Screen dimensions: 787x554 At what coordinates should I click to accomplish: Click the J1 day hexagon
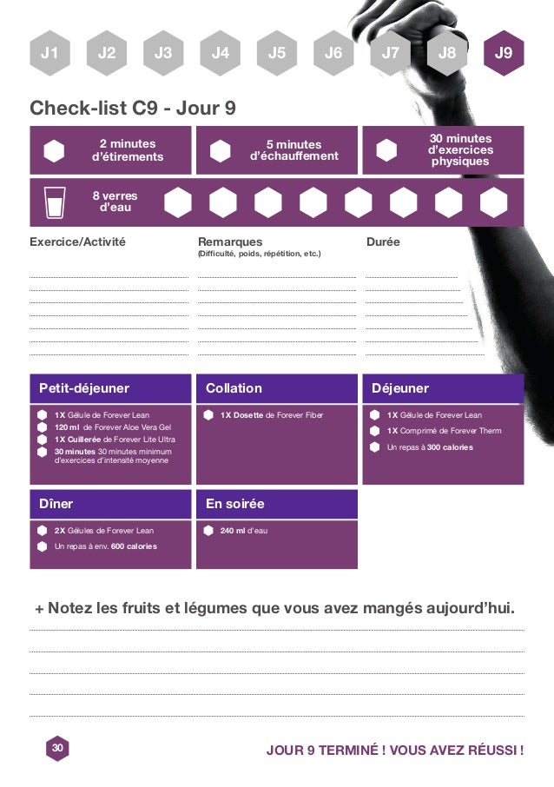point(49,53)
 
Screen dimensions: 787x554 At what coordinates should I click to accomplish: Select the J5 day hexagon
point(277,53)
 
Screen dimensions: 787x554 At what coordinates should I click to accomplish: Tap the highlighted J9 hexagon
point(504,53)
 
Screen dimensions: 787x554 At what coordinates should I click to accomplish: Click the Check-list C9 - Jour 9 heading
point(133,109)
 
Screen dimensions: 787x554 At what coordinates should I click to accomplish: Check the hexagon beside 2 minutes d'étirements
point(54,150)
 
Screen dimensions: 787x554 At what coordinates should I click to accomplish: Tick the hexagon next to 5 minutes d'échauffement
point(221,150)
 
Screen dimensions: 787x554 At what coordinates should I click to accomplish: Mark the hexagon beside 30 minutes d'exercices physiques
point(386,150)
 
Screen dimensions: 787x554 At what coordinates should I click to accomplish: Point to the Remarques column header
point(230,241)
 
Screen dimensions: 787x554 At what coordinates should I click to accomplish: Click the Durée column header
point(383,241)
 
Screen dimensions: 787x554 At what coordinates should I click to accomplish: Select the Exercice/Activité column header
point(77,241)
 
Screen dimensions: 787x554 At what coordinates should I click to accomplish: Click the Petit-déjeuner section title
point(83,388)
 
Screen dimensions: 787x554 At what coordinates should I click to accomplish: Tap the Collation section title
point(234,388)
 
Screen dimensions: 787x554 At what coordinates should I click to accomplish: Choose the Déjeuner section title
point(400,388)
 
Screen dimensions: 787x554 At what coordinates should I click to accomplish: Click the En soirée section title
point(235,504)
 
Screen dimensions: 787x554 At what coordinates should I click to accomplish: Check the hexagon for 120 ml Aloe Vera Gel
point(42,427)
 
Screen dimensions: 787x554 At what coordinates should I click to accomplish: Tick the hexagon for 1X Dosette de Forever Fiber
point(208,415)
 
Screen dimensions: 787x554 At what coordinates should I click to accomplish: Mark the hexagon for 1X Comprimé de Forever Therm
point(374,431)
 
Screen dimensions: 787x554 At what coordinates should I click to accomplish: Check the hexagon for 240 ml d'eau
point(208,530)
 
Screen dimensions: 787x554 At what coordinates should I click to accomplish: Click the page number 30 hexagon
point(57,748)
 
